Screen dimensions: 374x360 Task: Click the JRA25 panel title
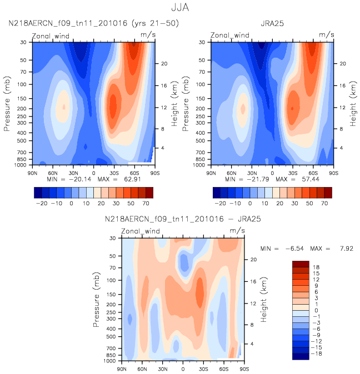click(272, 23)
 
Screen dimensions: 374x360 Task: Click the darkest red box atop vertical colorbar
click(300, 264)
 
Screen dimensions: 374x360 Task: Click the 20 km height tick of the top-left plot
click(165, 64)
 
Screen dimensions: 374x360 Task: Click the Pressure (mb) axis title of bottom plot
click(98, 300)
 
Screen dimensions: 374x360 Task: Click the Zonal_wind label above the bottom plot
click(142, 231)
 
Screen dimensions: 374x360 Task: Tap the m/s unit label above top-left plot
click(148, 34)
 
